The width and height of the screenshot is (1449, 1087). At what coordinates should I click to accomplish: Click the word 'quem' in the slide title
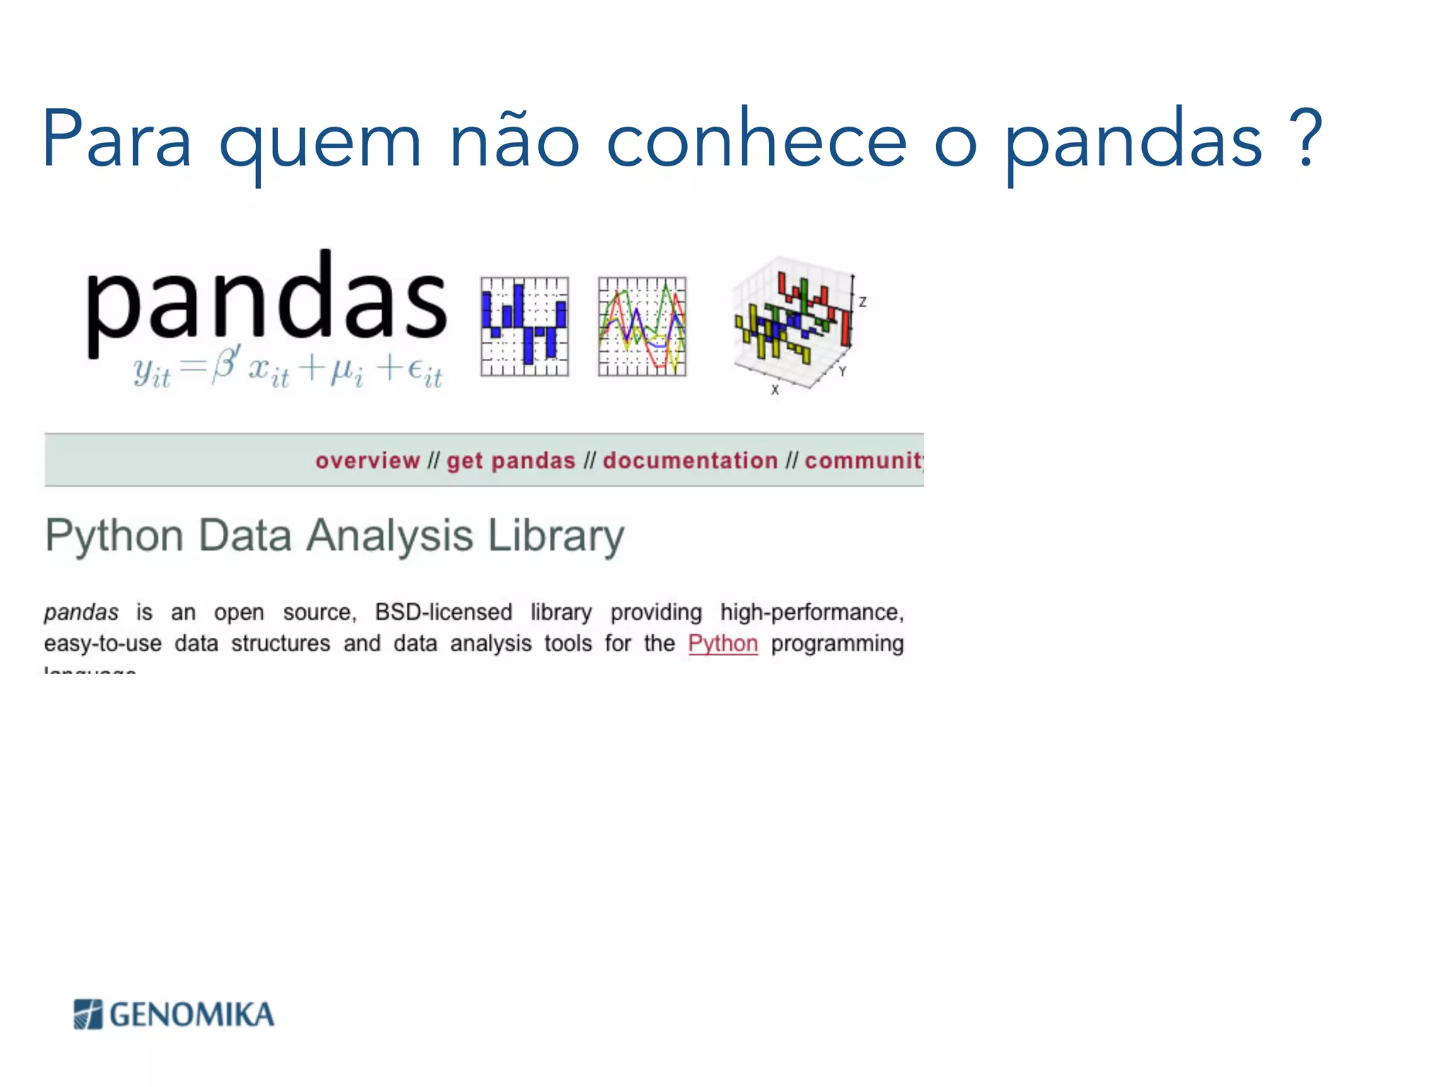click(x=320, y=142)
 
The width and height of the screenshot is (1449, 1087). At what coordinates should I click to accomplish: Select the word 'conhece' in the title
click(x=756, y=138)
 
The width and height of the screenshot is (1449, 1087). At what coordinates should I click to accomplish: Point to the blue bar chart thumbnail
click(x=524, y=326)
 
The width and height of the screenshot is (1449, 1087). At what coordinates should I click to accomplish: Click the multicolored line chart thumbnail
click(x=642, y=326)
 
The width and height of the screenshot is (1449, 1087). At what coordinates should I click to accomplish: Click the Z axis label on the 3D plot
click(x=862, y=302)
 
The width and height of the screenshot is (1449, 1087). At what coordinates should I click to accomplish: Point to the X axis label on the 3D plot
click(x=775, y=390)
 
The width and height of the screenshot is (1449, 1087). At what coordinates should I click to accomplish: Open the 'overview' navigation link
click(x=367, y=461)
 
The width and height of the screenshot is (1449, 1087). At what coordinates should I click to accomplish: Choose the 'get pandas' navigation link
click(x=511, y=461)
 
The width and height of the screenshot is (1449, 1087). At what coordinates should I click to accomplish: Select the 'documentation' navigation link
click(x=690, y=461)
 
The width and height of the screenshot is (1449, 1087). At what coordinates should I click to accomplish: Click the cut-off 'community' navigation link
click(x=864, y=461)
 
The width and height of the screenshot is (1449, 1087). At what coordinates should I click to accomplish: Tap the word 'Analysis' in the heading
click(x=390, y=536)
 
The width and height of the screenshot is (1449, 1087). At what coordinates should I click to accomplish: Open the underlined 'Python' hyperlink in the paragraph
click(x=722, y=643)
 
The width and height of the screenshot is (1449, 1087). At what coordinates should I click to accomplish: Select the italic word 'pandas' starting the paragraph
click(x=81, y=612)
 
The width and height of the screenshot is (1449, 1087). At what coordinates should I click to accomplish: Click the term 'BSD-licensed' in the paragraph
click(x=443, y=612)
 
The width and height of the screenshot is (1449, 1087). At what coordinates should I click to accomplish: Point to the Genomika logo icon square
click(x=88, y=1014)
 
